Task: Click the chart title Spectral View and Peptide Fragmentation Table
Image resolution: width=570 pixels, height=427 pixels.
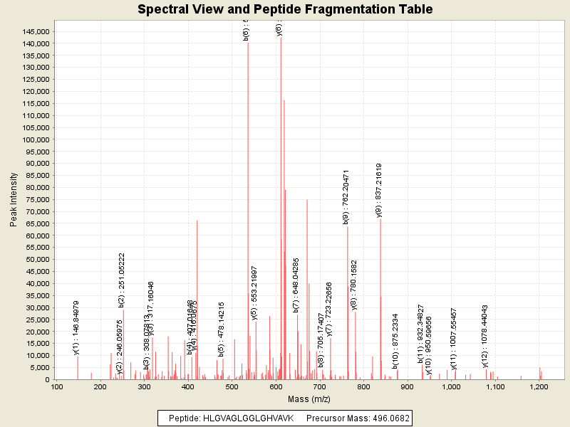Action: pyautogui.click(x=285, y=10)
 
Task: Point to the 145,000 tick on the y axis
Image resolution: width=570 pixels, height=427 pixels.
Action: pyautogui.click(x=35, y=32)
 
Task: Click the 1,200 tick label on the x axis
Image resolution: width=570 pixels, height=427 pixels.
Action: pyautogui.click(x=539, y=387)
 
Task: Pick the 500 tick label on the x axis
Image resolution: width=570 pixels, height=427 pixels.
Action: pyautogui.click(x=231, y=387)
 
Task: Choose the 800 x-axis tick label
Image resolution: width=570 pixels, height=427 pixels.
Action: pyautogui.click(x=363, y=387)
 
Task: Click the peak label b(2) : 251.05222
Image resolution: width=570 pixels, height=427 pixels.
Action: pyautogui.click(x=122, y=280)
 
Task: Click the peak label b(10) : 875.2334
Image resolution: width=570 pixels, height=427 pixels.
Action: pyautogui.click(x=395, y=341)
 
